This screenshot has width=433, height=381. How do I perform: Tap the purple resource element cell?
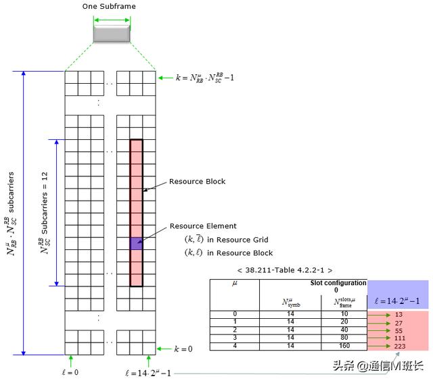pos(136,244)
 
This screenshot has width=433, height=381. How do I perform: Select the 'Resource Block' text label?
pos(197,182)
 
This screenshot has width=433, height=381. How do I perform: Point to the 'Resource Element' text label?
pos(202,226)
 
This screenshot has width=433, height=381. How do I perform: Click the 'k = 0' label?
pos(183,349)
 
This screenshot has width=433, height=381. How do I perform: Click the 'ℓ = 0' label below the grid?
pos(70,372)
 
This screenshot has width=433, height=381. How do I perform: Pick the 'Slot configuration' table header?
pos(338,283)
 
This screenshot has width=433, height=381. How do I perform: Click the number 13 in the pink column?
pos(399,314)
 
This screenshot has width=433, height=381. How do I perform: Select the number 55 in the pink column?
pos(399,330)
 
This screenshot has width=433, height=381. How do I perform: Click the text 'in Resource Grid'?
pos(237,240)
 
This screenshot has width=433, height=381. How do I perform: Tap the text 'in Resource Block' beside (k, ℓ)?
pos(240,253)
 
